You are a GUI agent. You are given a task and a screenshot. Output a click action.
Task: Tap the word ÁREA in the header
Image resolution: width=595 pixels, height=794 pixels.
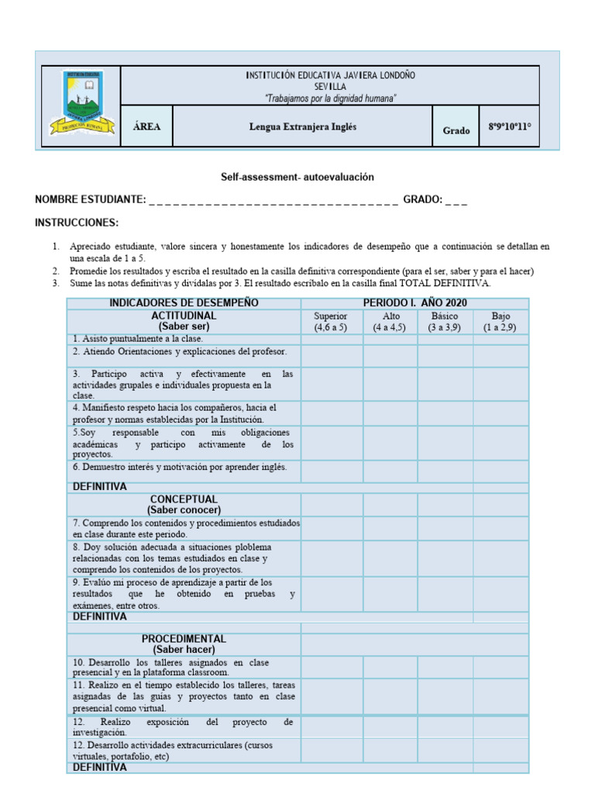(x=146, y=127)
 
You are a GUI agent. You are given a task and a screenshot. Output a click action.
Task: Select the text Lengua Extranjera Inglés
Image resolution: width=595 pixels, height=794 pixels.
(x=303, y=127)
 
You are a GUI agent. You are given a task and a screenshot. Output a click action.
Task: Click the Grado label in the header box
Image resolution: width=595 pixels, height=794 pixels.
(x=456, y=130)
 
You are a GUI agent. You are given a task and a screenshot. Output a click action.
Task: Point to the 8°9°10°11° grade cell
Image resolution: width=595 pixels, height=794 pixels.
(x=510, y=127)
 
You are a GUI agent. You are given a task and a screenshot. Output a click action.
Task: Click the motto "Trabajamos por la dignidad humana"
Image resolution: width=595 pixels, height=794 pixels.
(x=331, y=98)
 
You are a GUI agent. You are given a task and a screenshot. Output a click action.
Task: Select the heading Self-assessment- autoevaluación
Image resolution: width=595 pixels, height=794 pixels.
(x=297, y=178)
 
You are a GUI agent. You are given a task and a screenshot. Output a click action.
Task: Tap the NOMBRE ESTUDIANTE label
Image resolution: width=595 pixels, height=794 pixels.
(x=90, y=200)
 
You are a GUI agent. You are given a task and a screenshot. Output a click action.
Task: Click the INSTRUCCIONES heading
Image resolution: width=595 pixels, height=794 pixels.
(x=77, y=223)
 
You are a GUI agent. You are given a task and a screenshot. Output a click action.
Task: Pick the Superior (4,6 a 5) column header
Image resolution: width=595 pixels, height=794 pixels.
(x=331, y=322)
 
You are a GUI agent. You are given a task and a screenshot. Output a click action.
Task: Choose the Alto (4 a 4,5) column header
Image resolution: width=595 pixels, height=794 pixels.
(x=391, y=322)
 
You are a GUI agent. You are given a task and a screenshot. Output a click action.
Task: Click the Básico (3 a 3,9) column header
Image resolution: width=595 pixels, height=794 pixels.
(x=445, y=322)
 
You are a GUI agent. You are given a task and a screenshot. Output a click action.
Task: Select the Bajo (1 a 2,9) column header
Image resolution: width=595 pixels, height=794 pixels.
(x=500, y=322)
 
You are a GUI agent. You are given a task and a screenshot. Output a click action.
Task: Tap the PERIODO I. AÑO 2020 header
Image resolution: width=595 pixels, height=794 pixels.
(x=414, y=303)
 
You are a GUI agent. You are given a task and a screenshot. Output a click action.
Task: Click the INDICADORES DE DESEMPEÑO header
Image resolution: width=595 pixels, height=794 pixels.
(x=184, y=303)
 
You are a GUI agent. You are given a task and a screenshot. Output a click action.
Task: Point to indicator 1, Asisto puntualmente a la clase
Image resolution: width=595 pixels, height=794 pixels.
(x=138, y=339)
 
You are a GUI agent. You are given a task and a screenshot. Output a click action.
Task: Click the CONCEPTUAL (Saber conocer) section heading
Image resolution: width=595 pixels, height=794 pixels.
(x=184, y=505)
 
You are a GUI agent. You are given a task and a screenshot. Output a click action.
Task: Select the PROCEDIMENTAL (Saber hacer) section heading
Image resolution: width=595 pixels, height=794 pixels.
(x=184, y=644)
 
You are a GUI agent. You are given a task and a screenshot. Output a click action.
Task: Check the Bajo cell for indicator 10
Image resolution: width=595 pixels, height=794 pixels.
(x=500, y=668)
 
